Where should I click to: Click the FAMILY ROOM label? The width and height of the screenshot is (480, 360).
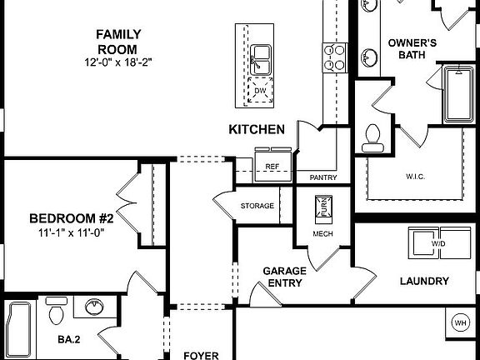[x=117, y=34]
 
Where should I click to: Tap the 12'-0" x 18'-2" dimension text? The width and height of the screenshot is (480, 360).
[x=117, y=62]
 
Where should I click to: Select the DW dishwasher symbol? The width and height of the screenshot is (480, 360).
[x=260, y=91]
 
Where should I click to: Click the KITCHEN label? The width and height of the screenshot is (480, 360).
[x=257, y=129]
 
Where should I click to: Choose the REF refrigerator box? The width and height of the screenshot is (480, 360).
[x=272, y=166]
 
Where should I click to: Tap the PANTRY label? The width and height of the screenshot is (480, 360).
[x=322, y=178]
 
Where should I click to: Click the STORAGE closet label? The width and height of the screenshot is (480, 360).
[x=257, y=205]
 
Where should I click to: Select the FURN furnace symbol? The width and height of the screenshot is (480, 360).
[x=322, y=207]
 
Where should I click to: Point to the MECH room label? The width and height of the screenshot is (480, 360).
[x=323, y=234]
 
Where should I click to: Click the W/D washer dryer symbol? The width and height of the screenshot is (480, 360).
[x=437, y=243]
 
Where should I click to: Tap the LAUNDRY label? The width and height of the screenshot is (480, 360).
[x=424, y=281]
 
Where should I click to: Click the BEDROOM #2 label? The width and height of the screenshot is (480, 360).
[x=71, y=218]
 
